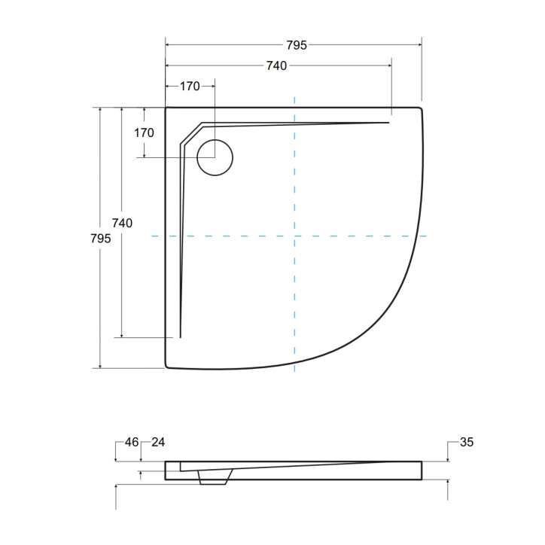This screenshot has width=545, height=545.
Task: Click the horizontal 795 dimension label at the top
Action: (x=297, y=45)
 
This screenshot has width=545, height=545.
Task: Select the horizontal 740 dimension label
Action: (x=276, y=65)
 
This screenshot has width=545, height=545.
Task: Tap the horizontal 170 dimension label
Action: (x=190, y=87)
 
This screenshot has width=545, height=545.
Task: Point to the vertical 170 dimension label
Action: (x=144, y=132)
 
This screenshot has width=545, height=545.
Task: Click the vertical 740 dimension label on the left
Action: (x=122, y=223)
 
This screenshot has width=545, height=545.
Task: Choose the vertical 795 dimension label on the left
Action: (x=100, y=239)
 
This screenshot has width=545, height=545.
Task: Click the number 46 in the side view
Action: (x=132, y=442)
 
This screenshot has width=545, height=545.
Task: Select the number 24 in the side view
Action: (x=158, y=442)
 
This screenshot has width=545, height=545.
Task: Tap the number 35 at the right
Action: (x=467, y=442)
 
